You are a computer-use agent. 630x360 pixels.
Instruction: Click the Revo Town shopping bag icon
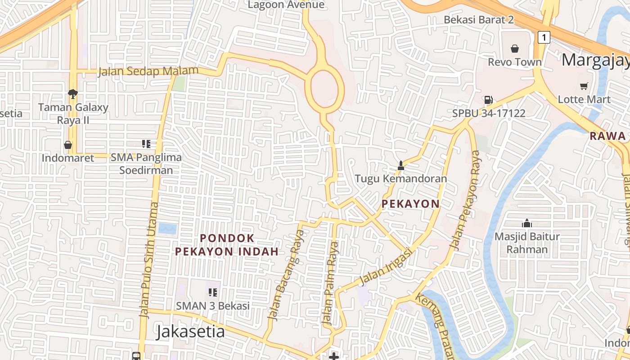tap(515, 48)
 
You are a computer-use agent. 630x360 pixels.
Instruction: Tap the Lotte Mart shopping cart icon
tap(584, 86)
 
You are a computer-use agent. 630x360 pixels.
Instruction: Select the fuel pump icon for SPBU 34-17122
tap(489, 100)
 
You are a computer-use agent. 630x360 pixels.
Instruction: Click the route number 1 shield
tap(544, 37)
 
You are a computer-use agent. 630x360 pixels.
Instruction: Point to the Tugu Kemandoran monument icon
tap(400, 166)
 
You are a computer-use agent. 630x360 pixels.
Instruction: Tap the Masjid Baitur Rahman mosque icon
tap(527, 223)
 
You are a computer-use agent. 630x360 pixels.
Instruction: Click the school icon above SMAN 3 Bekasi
tap(213, 292)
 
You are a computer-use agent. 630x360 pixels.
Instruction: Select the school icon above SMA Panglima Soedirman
tap(146, 144)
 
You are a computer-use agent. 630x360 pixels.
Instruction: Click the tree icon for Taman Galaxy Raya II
tap(72, 94)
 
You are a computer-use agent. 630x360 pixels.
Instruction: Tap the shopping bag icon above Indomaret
tap(68, 145)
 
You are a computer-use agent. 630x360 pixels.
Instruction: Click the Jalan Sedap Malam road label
tap(148, 71)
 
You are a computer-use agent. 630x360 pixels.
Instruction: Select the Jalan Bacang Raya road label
tap(286, 275)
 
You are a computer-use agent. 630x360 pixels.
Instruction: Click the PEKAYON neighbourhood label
tap(410, 204)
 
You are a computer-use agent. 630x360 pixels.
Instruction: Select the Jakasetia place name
tap(190, 332)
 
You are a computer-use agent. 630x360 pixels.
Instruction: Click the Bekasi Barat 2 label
tap(478, 20)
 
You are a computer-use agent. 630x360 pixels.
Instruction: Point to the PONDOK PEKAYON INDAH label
tap(227, 244)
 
